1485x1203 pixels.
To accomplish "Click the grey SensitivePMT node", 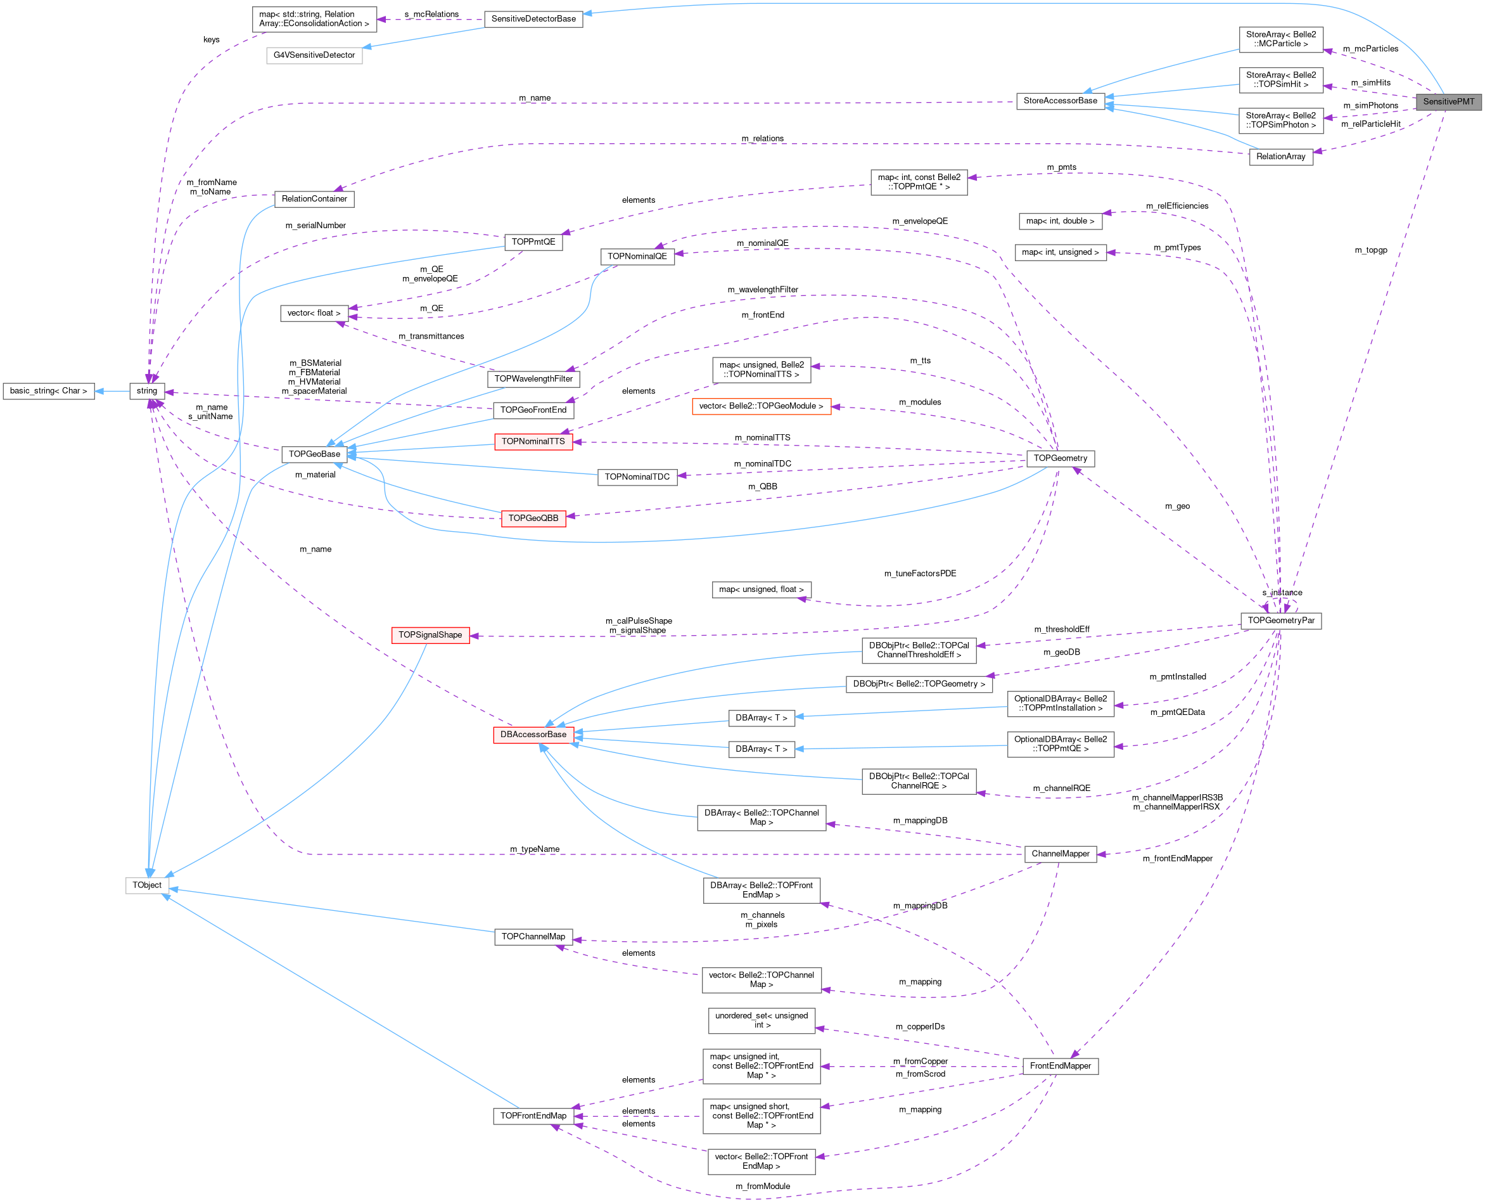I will (x=1448, y=102).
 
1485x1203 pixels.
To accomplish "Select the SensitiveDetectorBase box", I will (x=533, y=20).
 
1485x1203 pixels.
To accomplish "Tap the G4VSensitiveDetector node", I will (x=314, y=55).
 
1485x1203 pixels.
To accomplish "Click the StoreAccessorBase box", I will (x=1060, y=101).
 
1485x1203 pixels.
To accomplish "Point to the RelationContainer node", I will (x=314, y=199).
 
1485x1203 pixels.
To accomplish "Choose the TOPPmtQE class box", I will (x=533, y=242).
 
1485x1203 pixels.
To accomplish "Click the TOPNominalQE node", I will (x=637, y=257).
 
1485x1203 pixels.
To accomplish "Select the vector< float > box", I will (x=314, y=313).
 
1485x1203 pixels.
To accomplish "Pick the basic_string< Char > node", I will (x=49, y=391).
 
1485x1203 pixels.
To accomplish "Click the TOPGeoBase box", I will (x=314, y=454).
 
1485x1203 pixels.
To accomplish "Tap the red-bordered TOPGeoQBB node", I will (x=533, y=518).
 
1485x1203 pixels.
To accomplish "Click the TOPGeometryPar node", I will (x=1280, y=621).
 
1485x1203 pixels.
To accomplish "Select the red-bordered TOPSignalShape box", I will (x=430, y=634).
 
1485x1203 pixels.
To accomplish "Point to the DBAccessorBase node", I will (x=533, y=735).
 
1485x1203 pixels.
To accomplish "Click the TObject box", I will (x=147, y=885).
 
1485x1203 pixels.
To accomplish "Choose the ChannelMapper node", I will (x=1060, y=854).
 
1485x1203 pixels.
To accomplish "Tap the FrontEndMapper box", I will (x=1060, y=1066).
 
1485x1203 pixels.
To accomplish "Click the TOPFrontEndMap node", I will (x=533, y=1116).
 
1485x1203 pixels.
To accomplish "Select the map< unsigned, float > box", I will (x=762, y=589).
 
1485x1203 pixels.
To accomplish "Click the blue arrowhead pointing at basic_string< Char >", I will (x=99, y=391).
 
